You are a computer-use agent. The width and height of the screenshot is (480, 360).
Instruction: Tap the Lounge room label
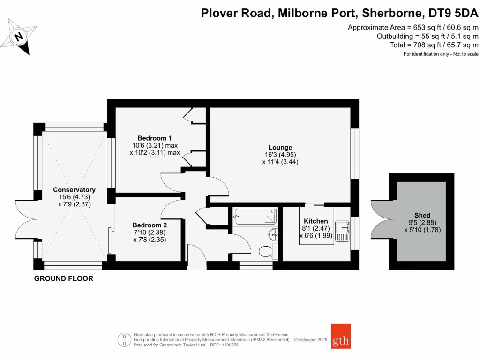[x=280, y=147]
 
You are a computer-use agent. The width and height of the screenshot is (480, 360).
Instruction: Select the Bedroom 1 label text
[x=155, y=138]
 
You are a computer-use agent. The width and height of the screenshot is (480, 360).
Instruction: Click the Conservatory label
[x=74, y=189]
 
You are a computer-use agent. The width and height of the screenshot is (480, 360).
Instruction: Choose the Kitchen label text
[x=316, y=221]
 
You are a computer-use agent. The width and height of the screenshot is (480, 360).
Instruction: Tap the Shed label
[x=422, y=216]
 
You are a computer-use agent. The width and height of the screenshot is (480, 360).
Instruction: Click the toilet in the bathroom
[x=267, y=251]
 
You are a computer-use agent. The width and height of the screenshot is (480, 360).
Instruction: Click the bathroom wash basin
[x=274, y=233]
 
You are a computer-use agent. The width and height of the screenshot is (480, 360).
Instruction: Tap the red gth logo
[x=340, y=336]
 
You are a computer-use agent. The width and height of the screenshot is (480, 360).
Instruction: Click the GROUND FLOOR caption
[x=64, y=278]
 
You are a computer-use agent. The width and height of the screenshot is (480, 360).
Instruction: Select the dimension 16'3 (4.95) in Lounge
[x=280, y=155]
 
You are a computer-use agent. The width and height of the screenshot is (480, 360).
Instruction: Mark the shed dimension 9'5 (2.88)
[x=422, y=223]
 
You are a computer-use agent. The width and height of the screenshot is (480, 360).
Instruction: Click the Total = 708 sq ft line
[x=434, y=45]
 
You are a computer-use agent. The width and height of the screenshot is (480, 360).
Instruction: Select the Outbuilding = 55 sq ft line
[x=427, y=36]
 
